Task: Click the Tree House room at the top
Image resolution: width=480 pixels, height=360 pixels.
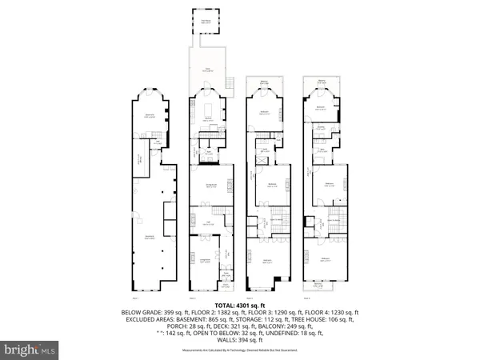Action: [206, 22]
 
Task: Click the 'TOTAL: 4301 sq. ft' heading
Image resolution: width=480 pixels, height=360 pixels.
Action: [240, 305]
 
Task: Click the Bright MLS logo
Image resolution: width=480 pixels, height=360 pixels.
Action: [30, 350]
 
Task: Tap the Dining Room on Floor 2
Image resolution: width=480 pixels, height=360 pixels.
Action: [211, 185]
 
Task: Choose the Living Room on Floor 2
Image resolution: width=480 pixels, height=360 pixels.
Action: [206, 262]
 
